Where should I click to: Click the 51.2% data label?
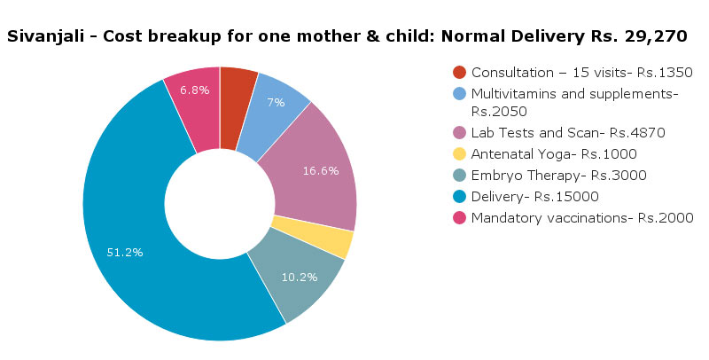tap(125, 252)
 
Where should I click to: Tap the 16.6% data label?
tap(321, 171)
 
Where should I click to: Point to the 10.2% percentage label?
tap(299, 276)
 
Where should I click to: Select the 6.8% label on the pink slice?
tap(195, 90)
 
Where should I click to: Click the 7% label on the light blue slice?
tap(276, 102)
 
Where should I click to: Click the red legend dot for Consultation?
tap(459, 72)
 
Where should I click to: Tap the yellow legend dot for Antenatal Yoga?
tap(459, 153)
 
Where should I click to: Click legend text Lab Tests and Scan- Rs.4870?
tap(568, 132)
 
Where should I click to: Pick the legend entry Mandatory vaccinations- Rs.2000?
tap(582, 217)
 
